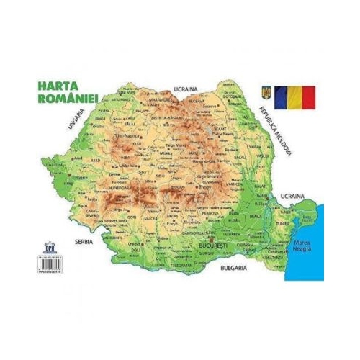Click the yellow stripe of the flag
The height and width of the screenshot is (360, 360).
[293, 96]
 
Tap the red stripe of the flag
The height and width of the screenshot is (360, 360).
[307, 96]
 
